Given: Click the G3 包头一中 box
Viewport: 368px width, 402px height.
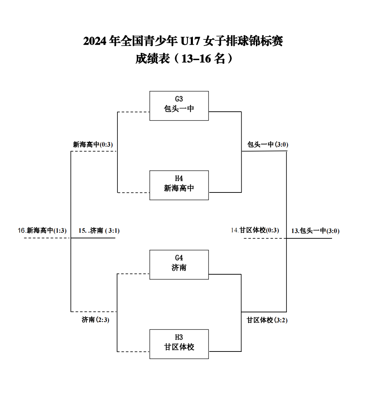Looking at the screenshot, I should (179, 106).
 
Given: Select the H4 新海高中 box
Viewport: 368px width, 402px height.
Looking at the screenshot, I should (179, 185).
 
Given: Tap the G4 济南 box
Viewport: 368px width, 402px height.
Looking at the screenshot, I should (179, 264).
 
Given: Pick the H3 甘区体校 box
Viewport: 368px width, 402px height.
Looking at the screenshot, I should (179, 344).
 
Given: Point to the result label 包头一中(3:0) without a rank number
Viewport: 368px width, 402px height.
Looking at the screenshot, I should (268, 144).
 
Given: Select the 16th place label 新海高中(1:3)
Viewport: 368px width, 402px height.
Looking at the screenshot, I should (42, 231).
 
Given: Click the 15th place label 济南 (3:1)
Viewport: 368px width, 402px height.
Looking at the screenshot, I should (99, 231).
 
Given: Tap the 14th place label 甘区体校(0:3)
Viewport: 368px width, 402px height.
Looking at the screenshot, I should (255, 230).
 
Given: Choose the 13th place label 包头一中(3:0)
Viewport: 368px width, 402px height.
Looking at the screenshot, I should (315, 231).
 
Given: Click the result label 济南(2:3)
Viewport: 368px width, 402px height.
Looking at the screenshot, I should (95, 319).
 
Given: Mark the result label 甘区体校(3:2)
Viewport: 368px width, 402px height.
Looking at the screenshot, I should (267, 320).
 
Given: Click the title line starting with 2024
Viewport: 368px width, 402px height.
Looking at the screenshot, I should (183, 41).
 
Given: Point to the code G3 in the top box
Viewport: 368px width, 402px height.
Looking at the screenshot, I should (179, 99).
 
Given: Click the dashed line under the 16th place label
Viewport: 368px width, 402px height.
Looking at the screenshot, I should (46, 238).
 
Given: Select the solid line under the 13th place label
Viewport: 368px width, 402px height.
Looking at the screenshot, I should (310, 238).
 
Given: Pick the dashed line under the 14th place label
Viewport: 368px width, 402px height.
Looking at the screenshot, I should (265, 238).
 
